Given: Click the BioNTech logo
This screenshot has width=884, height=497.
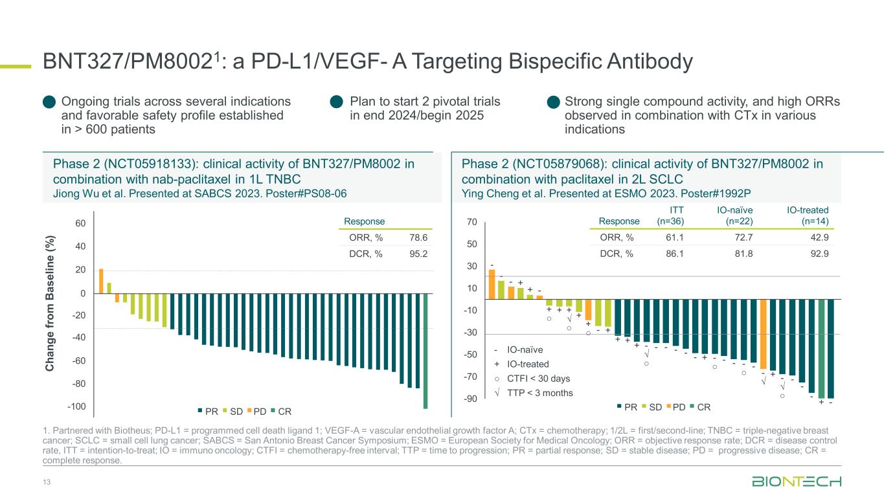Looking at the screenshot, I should pos(797,482).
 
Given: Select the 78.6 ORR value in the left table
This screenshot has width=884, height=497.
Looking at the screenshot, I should pos(419,238).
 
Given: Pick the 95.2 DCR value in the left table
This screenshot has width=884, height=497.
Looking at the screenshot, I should pos(419,254).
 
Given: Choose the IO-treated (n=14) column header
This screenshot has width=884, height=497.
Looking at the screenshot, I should pos(808,215).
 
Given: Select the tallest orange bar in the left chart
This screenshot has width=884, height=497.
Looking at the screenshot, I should pos(101,281).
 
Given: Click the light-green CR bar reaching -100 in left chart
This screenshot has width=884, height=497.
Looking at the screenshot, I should pos(425,351).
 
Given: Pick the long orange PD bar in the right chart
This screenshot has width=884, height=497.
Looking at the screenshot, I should pos(763,334).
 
